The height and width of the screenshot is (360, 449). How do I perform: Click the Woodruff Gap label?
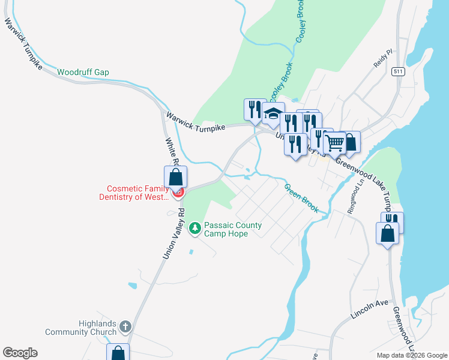[83, 72]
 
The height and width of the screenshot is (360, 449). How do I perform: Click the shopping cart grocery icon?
[334, 144]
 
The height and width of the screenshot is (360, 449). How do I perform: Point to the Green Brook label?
[301, 197]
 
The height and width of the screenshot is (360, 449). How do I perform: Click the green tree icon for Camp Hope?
[194, 228]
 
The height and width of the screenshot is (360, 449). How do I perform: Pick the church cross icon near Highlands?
[125, 326]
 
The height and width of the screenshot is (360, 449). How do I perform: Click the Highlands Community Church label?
[81, 328]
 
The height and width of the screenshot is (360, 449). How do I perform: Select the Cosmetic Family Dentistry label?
[135, 192]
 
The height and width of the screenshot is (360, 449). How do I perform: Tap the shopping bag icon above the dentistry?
[175, 178]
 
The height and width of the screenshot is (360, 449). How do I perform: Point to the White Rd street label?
[172, 153]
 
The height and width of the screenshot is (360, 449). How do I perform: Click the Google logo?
[20, 353]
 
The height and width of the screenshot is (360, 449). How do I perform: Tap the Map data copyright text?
[412, 355]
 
